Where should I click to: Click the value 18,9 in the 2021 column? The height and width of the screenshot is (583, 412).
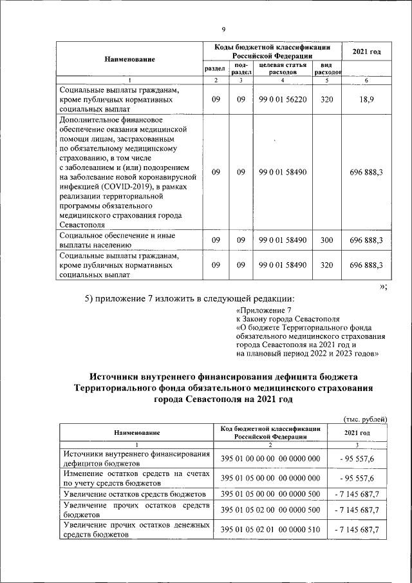[366, 100]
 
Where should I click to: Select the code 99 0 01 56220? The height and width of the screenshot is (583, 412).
[282, 100]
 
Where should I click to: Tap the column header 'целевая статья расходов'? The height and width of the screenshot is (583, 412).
[282, 69]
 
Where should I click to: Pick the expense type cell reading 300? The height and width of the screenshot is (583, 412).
[326, 240]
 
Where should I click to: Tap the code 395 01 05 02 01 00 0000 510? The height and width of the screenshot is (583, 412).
[270, 529]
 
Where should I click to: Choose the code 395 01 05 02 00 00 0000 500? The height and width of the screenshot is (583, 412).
[270, 510]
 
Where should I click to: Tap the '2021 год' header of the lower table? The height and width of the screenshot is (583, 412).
[356, 432]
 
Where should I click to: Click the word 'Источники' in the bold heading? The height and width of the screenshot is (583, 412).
[117, 376]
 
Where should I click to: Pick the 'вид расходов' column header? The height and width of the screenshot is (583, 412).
[326, 69]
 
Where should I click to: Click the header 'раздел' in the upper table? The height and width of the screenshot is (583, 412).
[215, 69]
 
